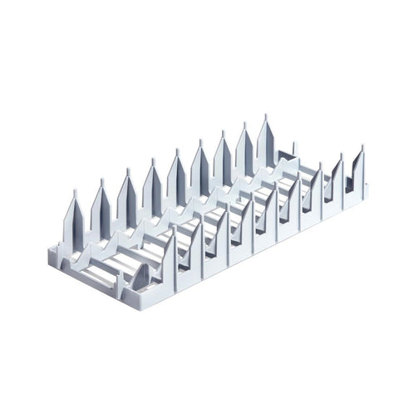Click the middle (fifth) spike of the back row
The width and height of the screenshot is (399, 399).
click(177, 176)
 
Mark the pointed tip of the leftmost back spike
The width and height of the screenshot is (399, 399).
click(74, 191)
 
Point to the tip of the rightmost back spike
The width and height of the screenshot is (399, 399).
click(266, 116)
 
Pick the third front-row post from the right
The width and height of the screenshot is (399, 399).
click(313, 192)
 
